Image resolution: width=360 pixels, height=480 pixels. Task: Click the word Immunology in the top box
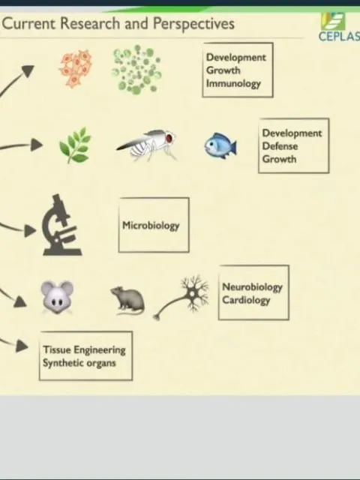click(x=233, y=83)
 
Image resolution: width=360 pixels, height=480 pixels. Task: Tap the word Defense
click(x=280, y=146)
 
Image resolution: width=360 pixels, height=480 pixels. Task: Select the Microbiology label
click(x=151, y=226)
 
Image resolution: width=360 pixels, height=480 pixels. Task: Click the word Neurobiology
click(x=252, y=287)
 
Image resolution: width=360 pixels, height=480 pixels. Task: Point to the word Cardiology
click(x=246, y=300)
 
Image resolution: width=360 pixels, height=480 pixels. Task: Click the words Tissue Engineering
click(x=84, y=350)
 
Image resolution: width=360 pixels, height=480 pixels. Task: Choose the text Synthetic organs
click(x=79, y=363)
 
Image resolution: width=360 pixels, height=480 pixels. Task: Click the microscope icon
click(x=61, y=225)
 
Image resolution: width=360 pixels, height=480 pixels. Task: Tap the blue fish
click(x=220, y=145)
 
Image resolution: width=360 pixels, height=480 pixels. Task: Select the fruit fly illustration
click(x=146, y=145)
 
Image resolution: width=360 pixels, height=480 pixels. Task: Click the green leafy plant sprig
click(x=75, y=145)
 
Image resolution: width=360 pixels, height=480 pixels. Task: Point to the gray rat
click(x=128, y=301)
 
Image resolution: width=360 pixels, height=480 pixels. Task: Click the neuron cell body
click(x=192, y=294)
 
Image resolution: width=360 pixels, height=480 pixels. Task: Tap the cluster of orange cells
click(x=76, y=69)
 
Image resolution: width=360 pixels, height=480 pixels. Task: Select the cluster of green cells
click(x=136, y=69)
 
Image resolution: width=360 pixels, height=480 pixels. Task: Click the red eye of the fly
click(x=169, y=138)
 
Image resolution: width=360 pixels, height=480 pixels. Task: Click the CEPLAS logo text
click(x=339, y=37)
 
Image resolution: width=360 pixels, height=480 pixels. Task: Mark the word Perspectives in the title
click(x=193, y=24)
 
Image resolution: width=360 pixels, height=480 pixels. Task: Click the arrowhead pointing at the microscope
click(x=30, y=230)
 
